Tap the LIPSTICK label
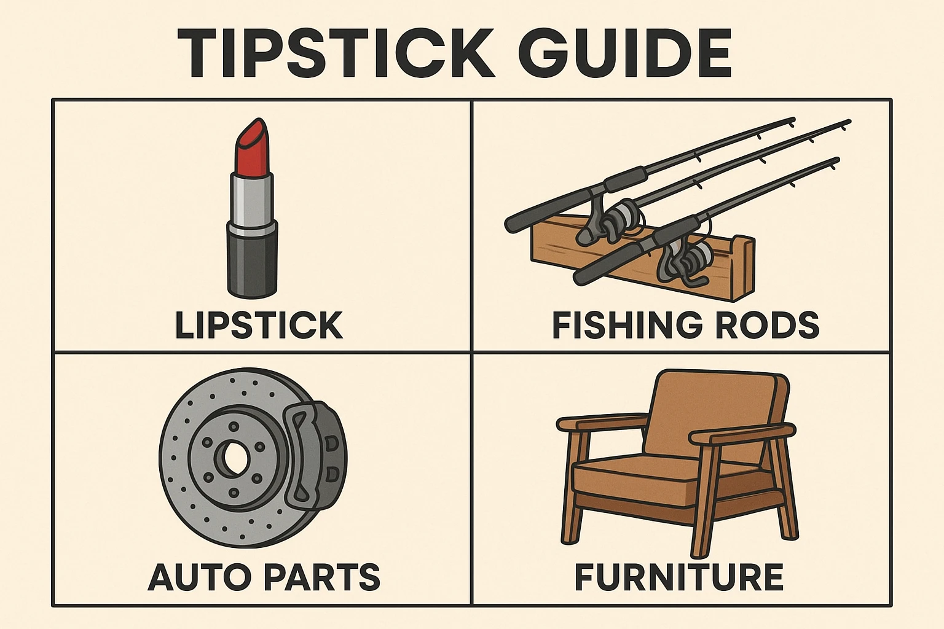pos(259,325)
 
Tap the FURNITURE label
pos(678,577)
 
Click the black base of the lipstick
pos(252,261)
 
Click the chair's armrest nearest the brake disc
pos(599,423)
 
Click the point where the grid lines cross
pos(471,353)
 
